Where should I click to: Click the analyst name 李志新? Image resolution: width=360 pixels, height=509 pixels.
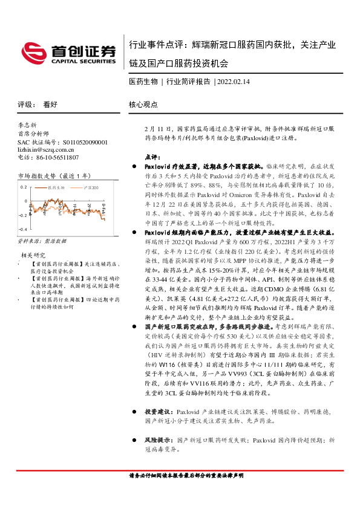click(x=28, y=124)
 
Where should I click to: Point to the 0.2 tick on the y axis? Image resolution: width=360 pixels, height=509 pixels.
click(x=23, y=187)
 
